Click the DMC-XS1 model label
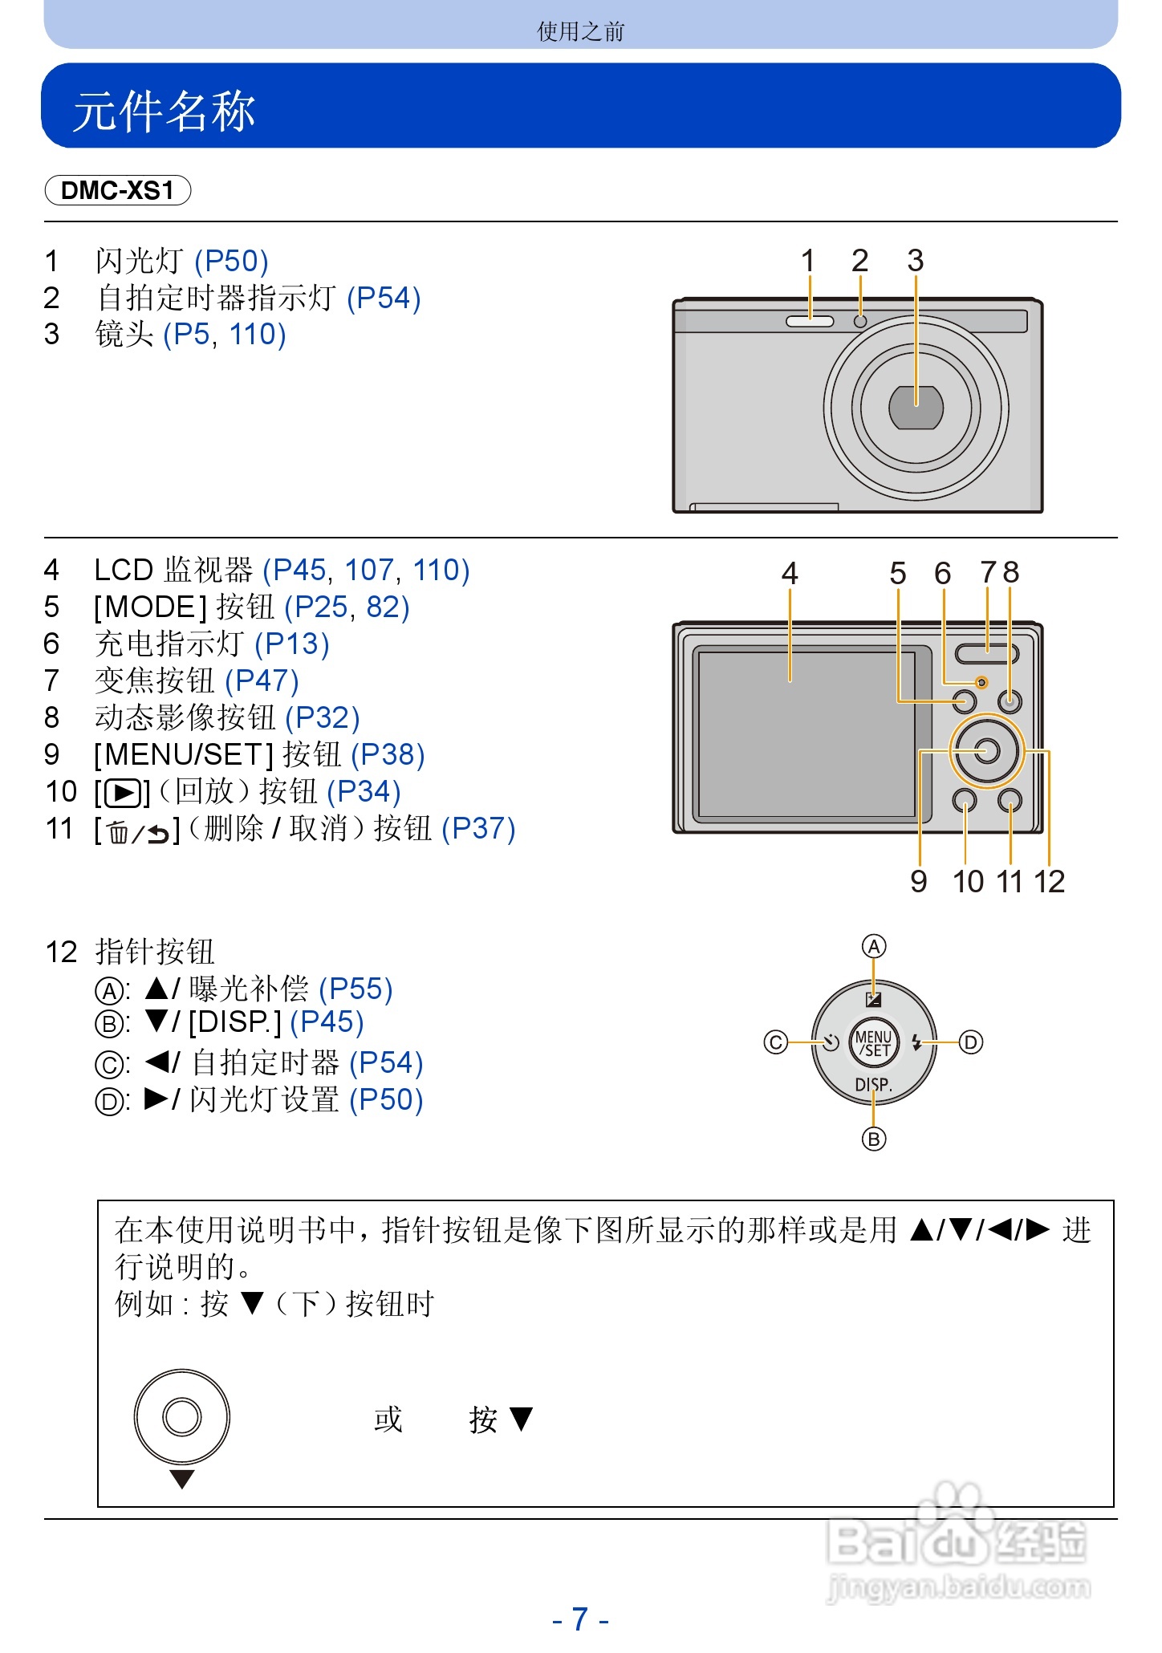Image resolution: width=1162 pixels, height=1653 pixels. (x=117, y=190)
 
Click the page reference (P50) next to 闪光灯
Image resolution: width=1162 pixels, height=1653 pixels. (x=231, y=262)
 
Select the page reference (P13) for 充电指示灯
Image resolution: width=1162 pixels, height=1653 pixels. (x=292, y=644)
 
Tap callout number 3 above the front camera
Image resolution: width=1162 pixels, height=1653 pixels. (x=915, y=261)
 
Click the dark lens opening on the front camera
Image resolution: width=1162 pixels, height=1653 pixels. (x=916, y=408)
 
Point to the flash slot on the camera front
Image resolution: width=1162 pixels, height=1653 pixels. (x=809, y=322)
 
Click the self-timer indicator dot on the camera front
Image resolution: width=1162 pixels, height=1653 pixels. (x=860, y=322)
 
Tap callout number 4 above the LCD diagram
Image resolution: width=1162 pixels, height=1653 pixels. (x=790, y=573)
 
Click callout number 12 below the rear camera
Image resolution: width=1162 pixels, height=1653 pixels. (x=1049, y=882)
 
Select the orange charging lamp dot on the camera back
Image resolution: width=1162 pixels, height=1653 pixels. (x=981, y=683)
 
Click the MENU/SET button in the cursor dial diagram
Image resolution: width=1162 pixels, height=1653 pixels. (x=873, y=1043)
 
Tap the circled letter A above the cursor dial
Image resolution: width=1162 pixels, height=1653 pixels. (x=874, y=947)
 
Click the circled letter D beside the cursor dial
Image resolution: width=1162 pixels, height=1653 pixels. (x=971, y=1042)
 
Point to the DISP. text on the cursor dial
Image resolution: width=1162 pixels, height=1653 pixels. (x=873, y=1085)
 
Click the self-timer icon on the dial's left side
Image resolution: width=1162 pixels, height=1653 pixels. (x=831, y=1042)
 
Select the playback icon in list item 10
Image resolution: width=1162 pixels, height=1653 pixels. (x=123, y=793)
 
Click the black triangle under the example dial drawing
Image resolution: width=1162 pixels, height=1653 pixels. (x=182, y=1479)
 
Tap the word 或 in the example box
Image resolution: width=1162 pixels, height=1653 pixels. (x=388, y=1419)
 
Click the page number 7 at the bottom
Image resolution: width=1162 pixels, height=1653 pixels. (x=580, y=1618)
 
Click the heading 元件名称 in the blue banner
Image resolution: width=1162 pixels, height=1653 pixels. (x=165, y=110)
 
